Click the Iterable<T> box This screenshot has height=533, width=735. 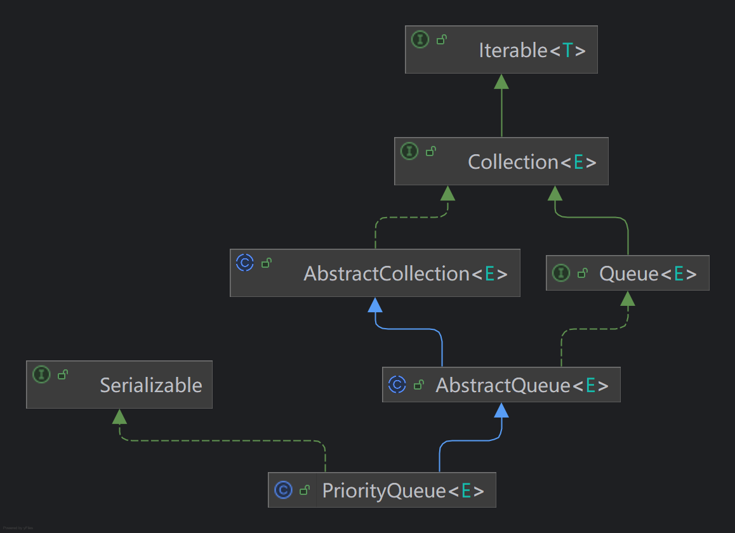point(501,49)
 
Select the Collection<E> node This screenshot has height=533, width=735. point(501,161)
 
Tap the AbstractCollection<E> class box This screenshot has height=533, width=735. point(375,273)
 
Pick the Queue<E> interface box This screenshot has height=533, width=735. point(628,273)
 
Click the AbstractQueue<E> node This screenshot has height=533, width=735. point(501,385)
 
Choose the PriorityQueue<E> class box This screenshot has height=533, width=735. point(382,490)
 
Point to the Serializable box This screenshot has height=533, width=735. point(119,385)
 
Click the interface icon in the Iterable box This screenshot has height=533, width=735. point(420,39)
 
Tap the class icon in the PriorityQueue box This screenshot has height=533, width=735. point(283,490)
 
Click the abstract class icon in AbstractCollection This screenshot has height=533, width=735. point(245,263)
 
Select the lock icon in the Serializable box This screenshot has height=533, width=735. point(63,374)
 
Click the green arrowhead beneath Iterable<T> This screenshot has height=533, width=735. point(501,82)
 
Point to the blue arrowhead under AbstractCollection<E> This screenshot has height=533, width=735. point(375,305)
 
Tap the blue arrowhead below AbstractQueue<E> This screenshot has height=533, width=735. point(501,410)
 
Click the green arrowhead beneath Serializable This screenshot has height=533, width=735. point(119,417)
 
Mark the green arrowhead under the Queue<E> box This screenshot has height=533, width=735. point(628,299)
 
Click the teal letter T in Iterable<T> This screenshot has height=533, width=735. point(567,50)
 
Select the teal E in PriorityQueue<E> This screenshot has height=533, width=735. point(466,491)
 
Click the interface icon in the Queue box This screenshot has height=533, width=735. point(561,273)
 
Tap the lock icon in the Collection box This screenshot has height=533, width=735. point(431,152)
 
